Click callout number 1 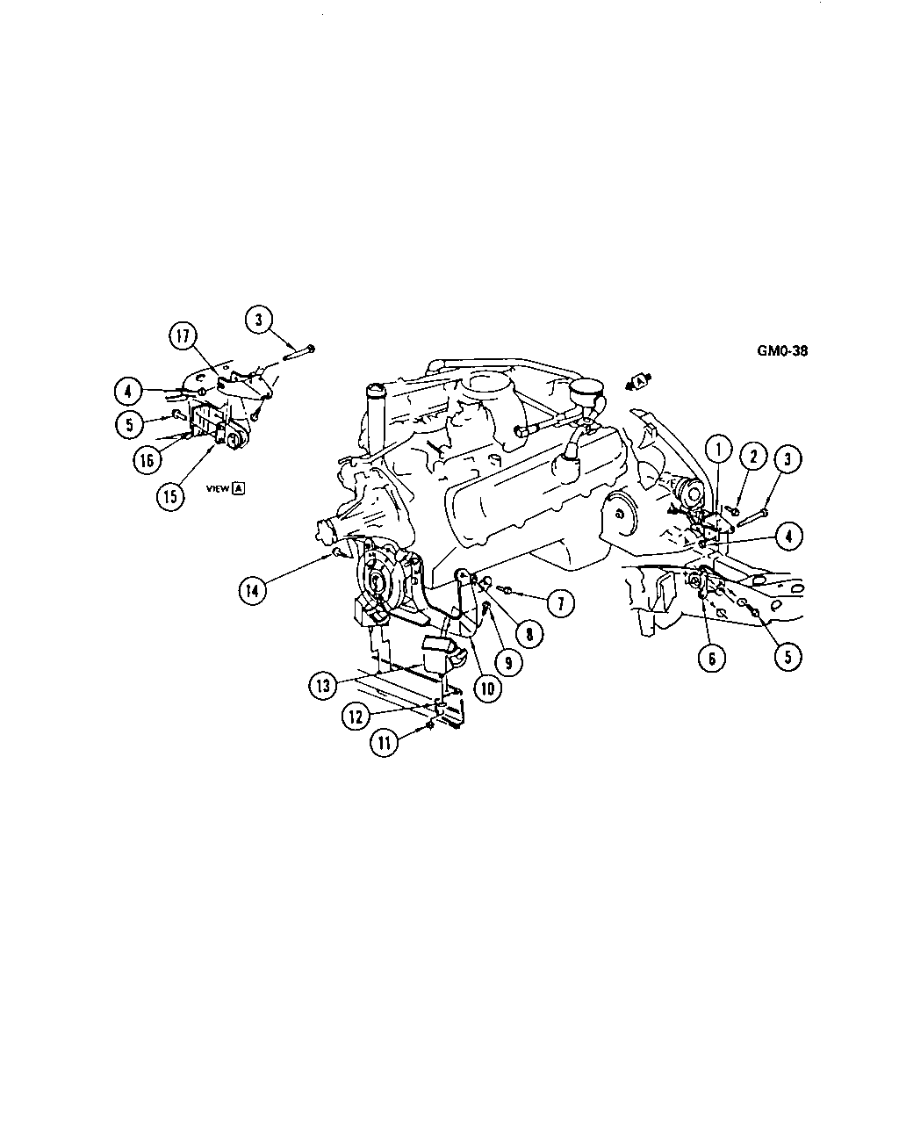tap(718, 450)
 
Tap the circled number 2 tap(752, 456)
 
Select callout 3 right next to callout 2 tap(788, 458)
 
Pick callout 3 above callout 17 tap(259, 319)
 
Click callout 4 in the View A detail tap(128, 392)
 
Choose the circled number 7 tap(561, 603)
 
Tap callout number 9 tap(508, 663)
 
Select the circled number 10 tap(487, 688)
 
